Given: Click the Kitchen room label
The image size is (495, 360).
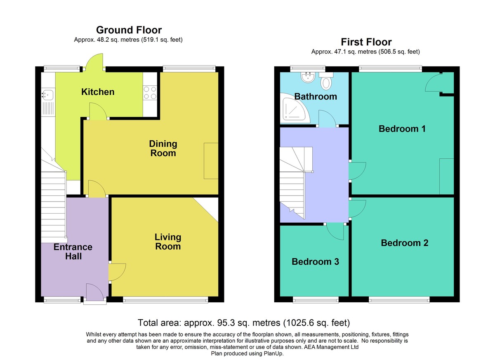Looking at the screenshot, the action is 98,92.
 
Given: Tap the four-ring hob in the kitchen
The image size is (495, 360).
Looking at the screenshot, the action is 150,93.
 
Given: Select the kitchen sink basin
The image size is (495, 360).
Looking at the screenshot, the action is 48,95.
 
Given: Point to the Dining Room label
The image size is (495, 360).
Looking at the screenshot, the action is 163,148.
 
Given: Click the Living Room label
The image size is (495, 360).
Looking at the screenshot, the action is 168,242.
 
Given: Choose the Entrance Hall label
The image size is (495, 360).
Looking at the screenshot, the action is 73,252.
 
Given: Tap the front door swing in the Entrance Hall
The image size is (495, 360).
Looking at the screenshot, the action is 95,292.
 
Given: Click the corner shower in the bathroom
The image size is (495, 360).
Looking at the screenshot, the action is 295,108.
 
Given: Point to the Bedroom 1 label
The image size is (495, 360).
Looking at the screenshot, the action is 402,129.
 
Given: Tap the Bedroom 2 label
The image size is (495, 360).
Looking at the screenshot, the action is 405,243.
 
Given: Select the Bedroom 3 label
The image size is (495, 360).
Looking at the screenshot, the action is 315,262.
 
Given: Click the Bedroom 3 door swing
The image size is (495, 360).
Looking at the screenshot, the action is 335,231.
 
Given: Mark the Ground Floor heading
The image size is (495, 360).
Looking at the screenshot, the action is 129,30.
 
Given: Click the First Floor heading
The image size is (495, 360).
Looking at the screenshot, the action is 366,42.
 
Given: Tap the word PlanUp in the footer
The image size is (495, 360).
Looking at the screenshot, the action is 274,353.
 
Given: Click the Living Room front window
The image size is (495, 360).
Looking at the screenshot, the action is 165,300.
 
